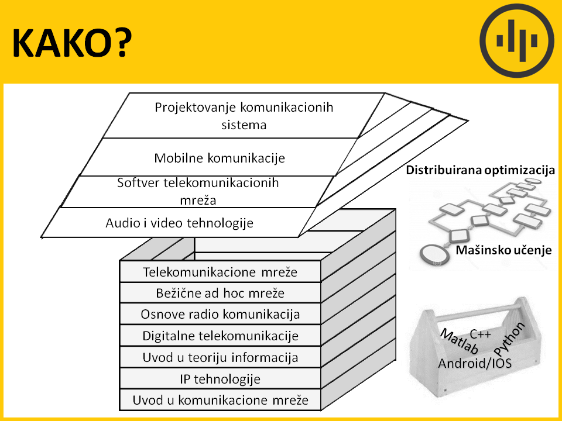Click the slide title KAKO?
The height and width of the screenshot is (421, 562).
pos(72,43)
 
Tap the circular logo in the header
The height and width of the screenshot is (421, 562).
pos(516,41)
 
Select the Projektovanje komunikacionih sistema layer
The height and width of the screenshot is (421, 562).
pos(244,116)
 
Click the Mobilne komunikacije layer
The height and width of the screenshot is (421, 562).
pos(220,157)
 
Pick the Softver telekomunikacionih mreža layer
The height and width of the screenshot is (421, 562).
pos(198,192)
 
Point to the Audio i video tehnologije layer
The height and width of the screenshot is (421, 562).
pos(179,223)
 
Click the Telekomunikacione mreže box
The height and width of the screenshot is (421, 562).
pos(220,272)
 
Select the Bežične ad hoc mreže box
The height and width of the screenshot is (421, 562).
pos(220,293)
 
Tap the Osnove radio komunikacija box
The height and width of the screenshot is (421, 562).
pos(220,314)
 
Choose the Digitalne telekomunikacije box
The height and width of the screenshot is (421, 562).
pos(220,336)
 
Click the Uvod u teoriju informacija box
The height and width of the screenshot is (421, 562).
pos(220,357)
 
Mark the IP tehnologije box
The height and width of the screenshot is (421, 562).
pos(220,378)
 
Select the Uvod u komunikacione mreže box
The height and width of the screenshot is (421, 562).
pos(220,399)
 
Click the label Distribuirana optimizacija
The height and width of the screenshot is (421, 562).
pos(480,170)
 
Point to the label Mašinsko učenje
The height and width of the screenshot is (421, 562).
pos(503,250)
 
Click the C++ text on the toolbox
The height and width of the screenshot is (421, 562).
pos(480,334)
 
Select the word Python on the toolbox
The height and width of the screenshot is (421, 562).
pos(509,339)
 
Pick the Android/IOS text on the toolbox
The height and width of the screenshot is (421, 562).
pos(475,363)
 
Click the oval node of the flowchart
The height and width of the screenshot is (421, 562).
pos(434,254)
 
